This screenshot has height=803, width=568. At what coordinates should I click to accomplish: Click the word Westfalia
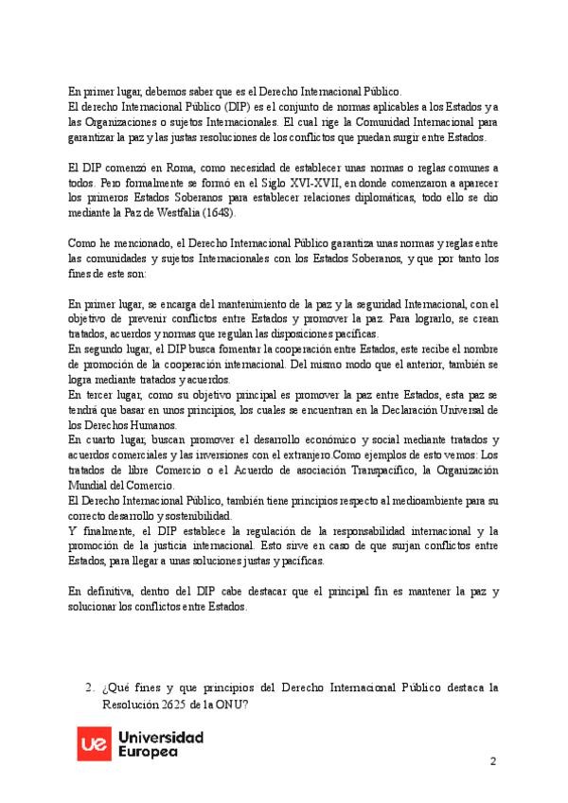tap(214, 212)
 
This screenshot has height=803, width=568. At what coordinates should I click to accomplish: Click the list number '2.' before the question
tap(89, 688)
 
